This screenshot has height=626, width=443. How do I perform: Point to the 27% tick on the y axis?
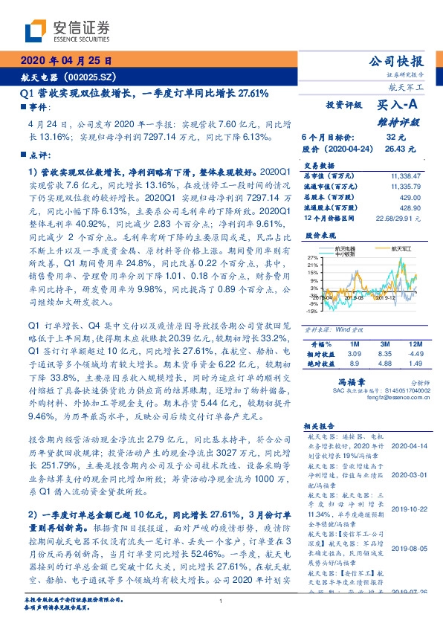click(x=314, y=256)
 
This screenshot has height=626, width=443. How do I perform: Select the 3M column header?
click(x=384, y=345)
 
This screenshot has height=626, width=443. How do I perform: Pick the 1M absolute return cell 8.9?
click(x=355, y=363)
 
